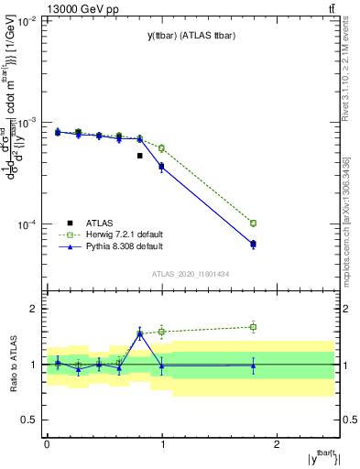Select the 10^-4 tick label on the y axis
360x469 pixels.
(x=26, y=224)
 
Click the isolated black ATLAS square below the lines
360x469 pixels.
(x=140, y=156)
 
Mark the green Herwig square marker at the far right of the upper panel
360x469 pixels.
(x=254, y=223)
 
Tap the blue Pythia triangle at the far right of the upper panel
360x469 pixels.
(x=254, y=244)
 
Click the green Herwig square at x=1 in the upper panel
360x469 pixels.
(x=162, y=147)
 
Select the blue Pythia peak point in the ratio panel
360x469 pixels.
(x=140, y=333)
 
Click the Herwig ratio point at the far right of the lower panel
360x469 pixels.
(x=254, y=326)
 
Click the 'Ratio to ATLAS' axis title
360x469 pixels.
(x=13, y=365)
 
